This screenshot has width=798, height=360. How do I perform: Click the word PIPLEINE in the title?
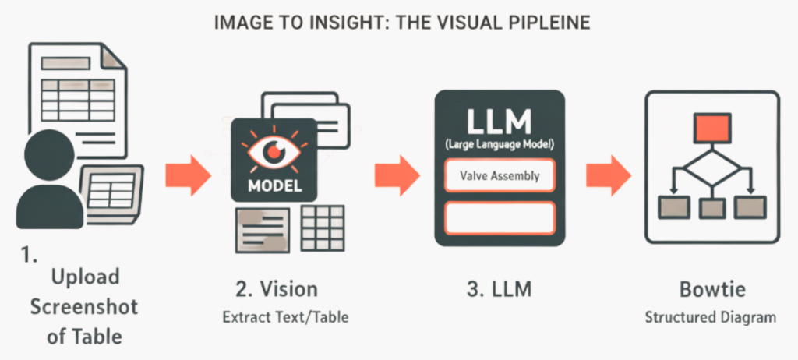point(546,23)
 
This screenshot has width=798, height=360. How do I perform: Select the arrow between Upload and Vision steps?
point(188,175)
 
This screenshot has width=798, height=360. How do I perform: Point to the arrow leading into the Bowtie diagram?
point(609,175)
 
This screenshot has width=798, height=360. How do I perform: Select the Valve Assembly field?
point(500,175)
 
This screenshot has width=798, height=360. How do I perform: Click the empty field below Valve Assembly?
point(500,217)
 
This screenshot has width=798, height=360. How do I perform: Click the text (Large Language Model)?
point(500,145)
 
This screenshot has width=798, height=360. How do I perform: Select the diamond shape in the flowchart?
point(712,166)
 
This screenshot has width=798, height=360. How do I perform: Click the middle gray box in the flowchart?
point(712,207)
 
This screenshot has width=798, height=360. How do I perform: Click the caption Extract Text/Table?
point(276,317)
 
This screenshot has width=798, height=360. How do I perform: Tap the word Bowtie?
point(711,290)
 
